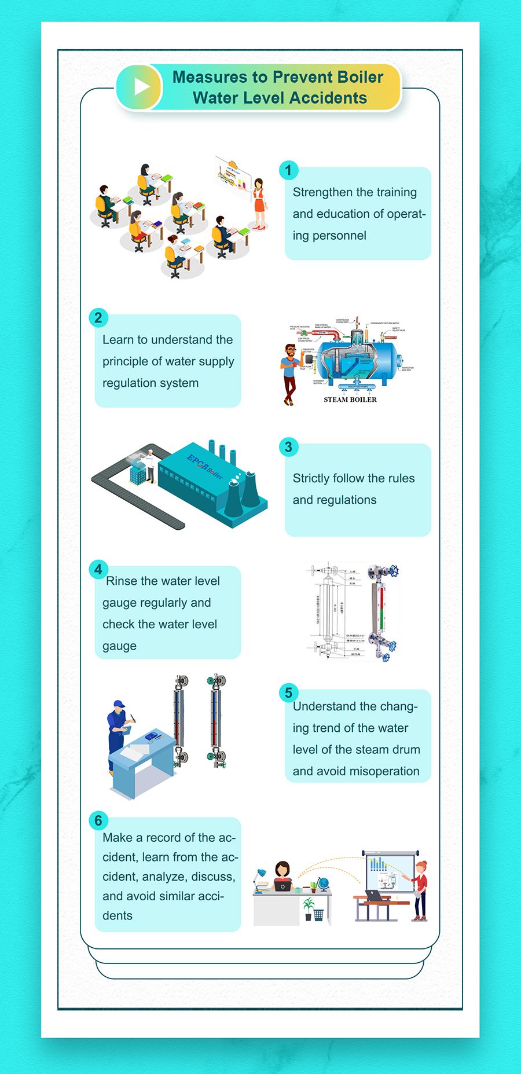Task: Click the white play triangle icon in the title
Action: tap(141, 87)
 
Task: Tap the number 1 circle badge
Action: tap(288, 170)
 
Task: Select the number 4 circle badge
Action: tap(98, 570)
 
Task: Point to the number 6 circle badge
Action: tap(98, 820)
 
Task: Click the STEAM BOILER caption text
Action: tap(350, 399)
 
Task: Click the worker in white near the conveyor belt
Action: tap(151, 464)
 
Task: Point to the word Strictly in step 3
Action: tap(311, 478)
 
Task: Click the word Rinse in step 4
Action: tap(122, 581)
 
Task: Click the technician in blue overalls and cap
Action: tap(118, 732)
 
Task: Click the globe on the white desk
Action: tap(323, 884)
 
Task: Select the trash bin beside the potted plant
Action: tap(318, 915)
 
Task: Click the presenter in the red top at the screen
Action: tap(419, 889)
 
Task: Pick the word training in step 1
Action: tap(396, 192)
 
